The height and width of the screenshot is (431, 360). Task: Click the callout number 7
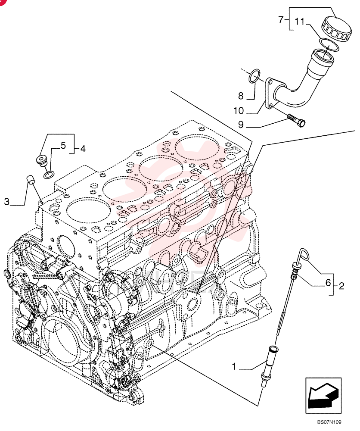(281, 19)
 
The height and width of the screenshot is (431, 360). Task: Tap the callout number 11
(300, 21)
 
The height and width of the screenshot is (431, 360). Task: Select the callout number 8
(241, 96)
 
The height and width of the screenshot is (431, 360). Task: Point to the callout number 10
(239, 111)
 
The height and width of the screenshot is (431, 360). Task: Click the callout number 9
(241, 125)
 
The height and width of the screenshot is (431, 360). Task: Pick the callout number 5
(63, 145)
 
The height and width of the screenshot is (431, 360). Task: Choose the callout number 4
(83, 149)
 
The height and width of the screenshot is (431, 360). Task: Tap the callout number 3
(7, 202)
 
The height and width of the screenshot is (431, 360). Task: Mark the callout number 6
(328, 283)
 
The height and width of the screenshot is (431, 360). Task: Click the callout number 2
(341, 286)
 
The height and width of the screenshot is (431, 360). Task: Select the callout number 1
(234, 366)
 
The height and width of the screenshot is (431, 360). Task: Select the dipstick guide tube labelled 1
(269, 365)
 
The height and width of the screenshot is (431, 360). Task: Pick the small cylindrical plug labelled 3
(30, 179)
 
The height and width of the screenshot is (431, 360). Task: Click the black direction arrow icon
(323, 396)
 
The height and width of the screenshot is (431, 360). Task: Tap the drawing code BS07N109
(329, 422)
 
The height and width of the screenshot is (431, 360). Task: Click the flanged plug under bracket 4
(42, 160)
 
